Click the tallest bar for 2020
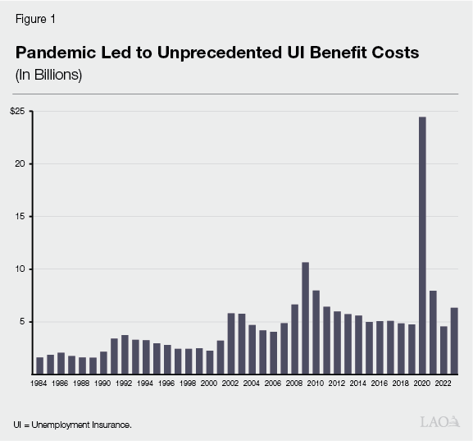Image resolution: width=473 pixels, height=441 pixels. point(422,246)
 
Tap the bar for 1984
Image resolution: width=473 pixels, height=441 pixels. point(40,365)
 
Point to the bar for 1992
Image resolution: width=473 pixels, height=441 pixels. point(125,354)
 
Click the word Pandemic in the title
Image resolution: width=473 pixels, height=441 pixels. point(56,53)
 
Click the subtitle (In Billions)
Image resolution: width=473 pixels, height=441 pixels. point(48,75)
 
